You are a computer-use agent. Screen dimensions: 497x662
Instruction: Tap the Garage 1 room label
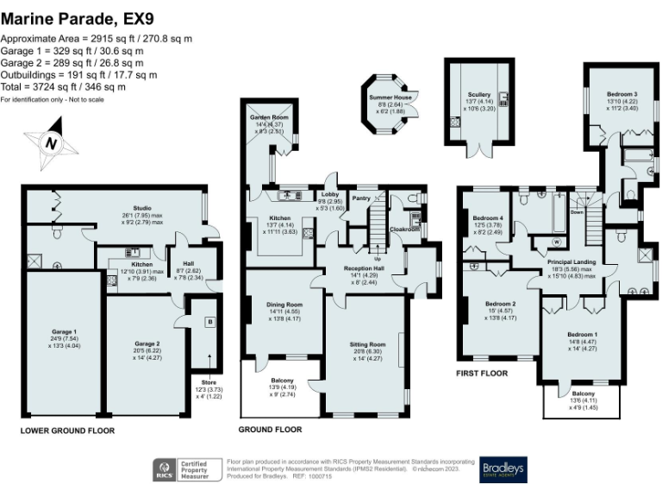tap(63, 337)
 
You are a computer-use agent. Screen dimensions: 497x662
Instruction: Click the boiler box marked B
tap(209, 321)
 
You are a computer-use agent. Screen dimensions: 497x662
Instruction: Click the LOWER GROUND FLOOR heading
tap(65, 429)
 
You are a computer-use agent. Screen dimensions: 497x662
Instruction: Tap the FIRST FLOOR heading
tap(482, 374)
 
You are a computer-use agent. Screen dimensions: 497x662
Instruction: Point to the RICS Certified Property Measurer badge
tap(184, 469)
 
